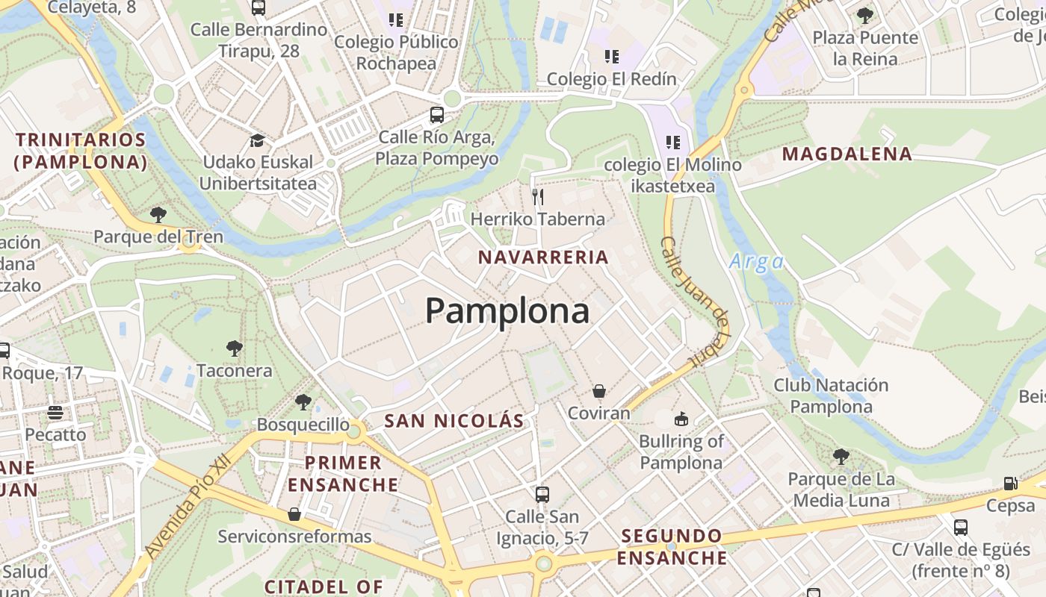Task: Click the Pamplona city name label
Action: pyautogui.click(x=507, y=310)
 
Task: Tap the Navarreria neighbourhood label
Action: pyautogui.click(x=543, y=257)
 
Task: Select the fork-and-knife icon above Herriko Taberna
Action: pyautogui.click(x=537, y=196)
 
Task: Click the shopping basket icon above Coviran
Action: pyautogui.click(x=598, y=391)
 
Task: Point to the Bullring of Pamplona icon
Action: pyautogui.click(x=681, y=419)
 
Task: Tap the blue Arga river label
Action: pyautogui.click(x=756, y=261)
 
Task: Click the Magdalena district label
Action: pyautogui.click(x=847, y=154)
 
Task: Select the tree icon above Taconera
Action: pyautogui.click(x=235, y=348)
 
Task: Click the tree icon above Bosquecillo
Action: pyautogui.click(x=303, y=402)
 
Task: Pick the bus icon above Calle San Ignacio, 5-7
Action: pyautogui.click(x=542, y=494)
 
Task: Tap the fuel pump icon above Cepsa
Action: pyautogui.click(x=1010, y=484)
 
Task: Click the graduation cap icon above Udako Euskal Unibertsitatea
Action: pyautogui.click(x=257, y=140)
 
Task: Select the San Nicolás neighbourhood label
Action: pyautogui.click(x=454, y=421)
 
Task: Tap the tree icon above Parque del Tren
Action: pyautogui.click(x=158, y=215)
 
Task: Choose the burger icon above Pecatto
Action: pyautogui.click(x=55, y=412)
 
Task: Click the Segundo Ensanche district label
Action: pyautogui.click(x=672, y=546)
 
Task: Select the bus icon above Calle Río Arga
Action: pyautogui.click(x=437, y=115)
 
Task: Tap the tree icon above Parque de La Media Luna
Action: pyautogui.click(x=841, y=456)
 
